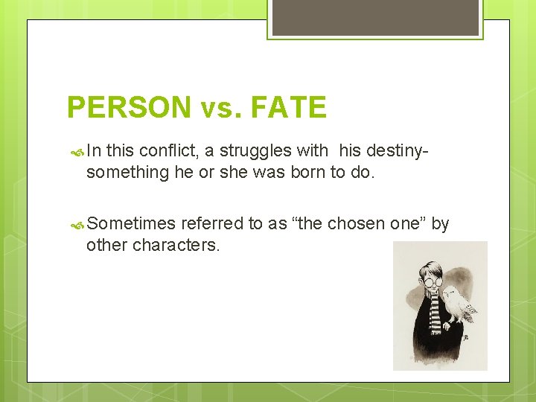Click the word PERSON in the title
[129, 108]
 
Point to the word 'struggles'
[255, 151]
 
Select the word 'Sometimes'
[131, 224]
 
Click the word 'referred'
[212, 224]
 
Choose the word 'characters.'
[176, 245]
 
